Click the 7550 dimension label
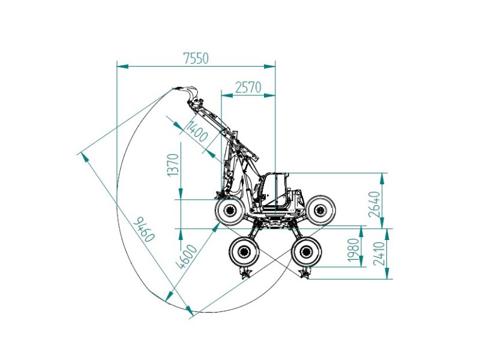[196, 58]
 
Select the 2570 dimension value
[248, 88]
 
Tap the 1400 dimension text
[197, 131]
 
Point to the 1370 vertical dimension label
[173, 165]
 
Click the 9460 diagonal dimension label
[145, 229]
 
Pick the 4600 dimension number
[188, 257]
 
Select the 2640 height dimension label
[374, 205]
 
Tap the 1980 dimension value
[353, 250]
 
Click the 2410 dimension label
[379, 253]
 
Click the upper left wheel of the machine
[230, 211]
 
